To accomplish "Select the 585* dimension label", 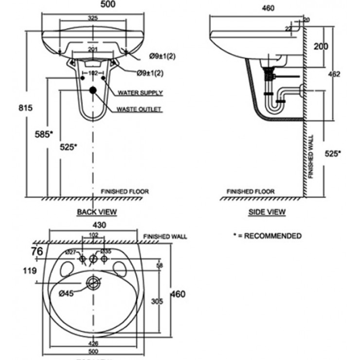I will point(44,134).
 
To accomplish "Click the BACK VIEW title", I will point(97,212).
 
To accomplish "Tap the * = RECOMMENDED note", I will point(267,236).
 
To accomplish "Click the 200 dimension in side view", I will point(320,46).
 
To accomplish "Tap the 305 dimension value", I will point(156,302).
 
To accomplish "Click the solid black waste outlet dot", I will point(92,90).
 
